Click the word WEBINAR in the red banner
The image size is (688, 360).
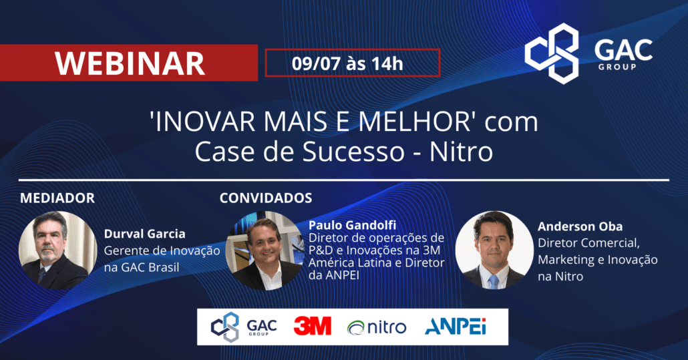tap(130, 63)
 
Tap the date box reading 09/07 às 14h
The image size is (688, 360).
tap(352, 63)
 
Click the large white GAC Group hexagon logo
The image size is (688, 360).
tap(552, 53)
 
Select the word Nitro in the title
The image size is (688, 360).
tap(461, 152)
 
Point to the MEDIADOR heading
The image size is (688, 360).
tap(57, 198)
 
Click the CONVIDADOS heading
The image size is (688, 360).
tap(266, 198)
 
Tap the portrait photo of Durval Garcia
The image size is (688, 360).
tap(57, 250)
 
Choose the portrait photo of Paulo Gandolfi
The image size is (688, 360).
tap(265, 251)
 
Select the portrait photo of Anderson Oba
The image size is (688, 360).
tap(494, 250)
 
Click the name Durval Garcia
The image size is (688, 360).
tap(144, 234)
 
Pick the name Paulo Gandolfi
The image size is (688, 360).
tap(352, 225)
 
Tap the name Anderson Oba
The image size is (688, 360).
tap(580, 226)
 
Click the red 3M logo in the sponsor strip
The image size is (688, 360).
tap(313, 326)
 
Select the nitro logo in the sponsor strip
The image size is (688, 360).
tap(377, 327)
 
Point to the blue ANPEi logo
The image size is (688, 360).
tap(456, 327)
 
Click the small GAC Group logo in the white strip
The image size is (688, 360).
tap(244, 327)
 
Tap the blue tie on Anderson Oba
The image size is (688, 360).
tap(494, 281)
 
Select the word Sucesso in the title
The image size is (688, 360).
tap(353, 152)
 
